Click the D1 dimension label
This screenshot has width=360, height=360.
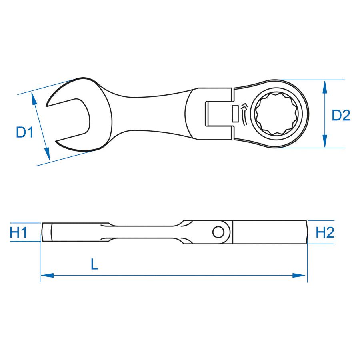(25, 132)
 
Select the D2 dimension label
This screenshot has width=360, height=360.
(341, 115)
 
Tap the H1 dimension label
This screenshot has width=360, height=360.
(18, 232)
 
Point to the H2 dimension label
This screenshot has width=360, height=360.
(325, 232)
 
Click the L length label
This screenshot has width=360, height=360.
(94, 264)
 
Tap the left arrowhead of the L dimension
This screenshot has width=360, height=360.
(47, 275)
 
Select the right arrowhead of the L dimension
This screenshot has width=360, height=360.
(299, 275)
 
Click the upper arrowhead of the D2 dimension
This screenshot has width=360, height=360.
(324, 87)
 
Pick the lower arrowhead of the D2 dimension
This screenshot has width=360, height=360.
(324, 141)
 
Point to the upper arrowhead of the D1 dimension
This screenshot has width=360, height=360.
(34, 99)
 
